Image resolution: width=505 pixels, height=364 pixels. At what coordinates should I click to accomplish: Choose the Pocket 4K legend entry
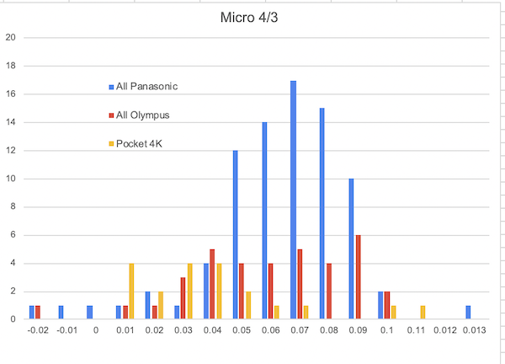click(x=140, y=143)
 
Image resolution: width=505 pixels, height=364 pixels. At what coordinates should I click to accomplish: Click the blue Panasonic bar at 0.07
click(x=293, y=200)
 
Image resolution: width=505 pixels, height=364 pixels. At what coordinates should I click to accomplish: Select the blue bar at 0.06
click(x=264, y=221)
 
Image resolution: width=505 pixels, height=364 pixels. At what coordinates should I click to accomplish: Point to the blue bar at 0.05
click(x=235, y=235)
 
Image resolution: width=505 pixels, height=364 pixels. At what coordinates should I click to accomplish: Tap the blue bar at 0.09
click(x=351, y=249)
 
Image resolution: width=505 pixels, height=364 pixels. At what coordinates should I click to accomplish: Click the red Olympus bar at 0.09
click(x=359, y=277)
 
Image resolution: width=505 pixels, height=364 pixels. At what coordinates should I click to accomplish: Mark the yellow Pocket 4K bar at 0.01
click(x=132, y=292)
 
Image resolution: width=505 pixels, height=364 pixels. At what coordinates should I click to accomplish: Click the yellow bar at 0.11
click(x=423, y=313)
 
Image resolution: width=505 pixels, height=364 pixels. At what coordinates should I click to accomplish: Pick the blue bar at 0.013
click(x=468, y=313)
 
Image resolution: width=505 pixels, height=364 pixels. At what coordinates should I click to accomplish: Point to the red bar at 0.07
click(x=300, y=285)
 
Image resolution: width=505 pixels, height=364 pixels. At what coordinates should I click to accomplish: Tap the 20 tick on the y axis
click(x=10, y=37)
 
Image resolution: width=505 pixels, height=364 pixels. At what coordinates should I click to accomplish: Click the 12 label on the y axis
click(x=10, y=150)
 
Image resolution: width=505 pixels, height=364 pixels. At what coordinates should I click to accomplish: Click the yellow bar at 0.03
click(x=190, y=292)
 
